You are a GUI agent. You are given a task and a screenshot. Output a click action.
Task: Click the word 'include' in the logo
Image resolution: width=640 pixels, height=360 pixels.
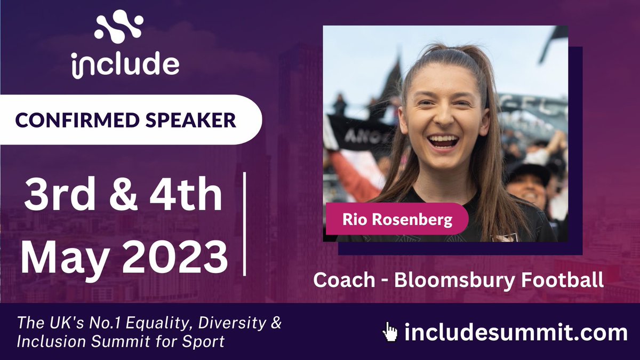125,65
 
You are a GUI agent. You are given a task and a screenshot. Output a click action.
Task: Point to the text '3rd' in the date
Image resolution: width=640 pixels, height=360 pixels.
55,196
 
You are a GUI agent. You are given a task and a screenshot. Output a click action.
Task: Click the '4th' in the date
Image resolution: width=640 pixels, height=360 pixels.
183,196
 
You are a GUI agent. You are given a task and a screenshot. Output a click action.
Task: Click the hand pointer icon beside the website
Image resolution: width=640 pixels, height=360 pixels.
390,332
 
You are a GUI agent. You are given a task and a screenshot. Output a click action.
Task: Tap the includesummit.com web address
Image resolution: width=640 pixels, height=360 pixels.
515,332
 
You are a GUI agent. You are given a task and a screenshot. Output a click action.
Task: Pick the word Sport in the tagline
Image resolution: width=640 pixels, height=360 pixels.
205,341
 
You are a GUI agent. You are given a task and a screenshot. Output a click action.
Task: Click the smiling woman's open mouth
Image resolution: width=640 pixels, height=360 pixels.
443,141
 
